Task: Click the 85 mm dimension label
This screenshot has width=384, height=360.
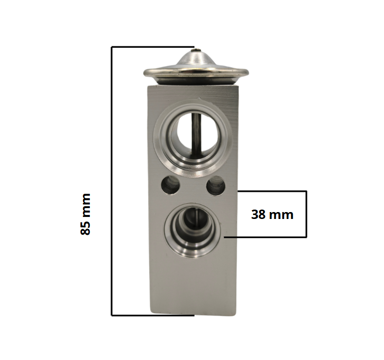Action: [85, 214]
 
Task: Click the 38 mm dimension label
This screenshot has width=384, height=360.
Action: [272, 215]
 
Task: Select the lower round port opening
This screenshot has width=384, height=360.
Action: [192, 230]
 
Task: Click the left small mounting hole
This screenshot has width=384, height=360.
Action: [170, 185]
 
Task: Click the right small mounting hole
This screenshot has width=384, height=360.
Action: [216, 186]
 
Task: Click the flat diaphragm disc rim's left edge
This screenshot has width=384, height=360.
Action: [145, 73]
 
